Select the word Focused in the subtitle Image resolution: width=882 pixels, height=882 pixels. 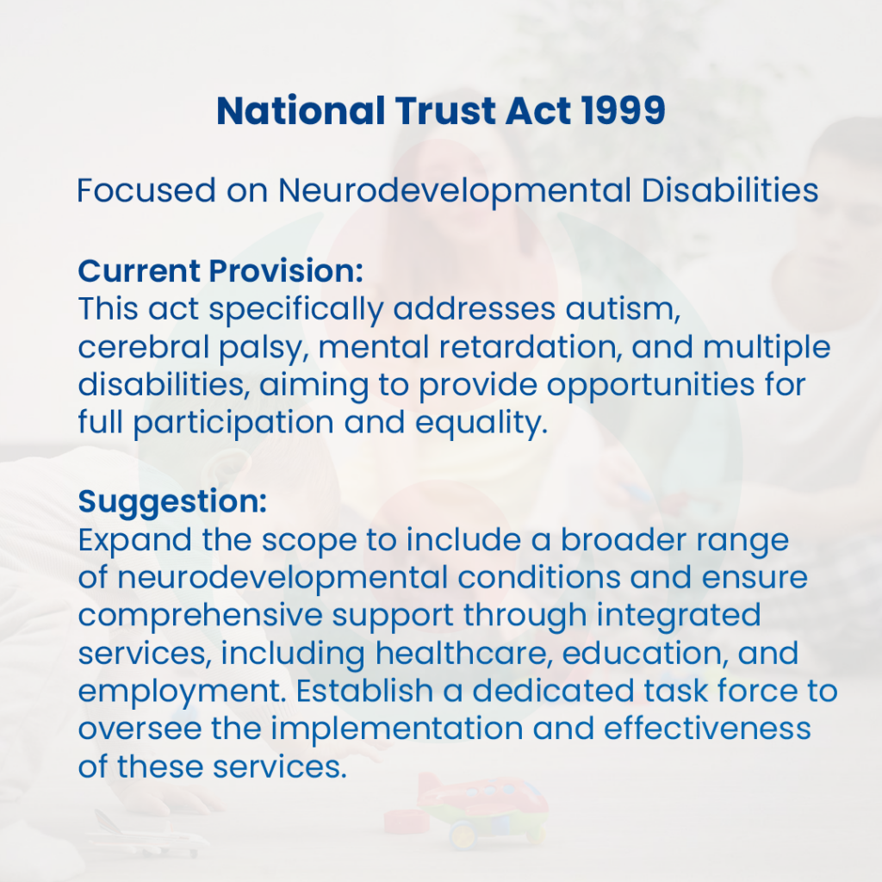point(146,190)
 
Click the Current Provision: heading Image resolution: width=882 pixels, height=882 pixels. point(220,270)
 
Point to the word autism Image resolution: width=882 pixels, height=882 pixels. point(623,309)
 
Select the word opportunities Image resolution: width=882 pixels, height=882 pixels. point(651,386)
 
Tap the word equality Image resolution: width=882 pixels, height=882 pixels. point(481,424)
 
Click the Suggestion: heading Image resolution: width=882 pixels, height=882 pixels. point(172,502)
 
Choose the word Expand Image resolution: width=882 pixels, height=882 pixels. point(135,540)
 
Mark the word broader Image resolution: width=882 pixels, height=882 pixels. point(624,540)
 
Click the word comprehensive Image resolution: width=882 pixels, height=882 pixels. point(200,615)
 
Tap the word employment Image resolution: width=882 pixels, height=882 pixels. point(182,692)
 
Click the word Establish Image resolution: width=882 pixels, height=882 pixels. point(364,691)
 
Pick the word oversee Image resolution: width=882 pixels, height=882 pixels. point(140,729)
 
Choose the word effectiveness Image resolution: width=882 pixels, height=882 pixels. point(707,729)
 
